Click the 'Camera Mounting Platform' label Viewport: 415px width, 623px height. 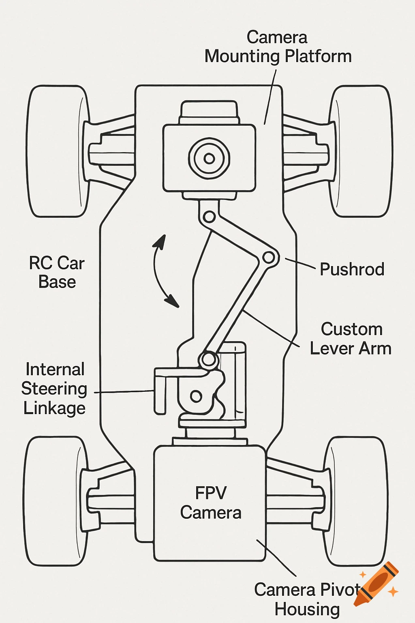point(278,47)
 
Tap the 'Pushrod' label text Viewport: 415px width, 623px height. point(352,269)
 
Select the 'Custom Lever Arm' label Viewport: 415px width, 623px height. point(351,339)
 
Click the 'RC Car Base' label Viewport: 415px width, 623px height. point(57,272)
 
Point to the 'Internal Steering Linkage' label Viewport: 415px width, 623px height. point(54,389)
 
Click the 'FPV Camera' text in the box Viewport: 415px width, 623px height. point(210,503)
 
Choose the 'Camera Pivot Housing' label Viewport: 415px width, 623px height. point(307,599)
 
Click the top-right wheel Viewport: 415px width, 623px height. point(360,151)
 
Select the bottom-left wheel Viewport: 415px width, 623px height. point(55,501)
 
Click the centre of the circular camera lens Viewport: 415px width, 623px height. point(209,158)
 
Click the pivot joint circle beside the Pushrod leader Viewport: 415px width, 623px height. point(268,257)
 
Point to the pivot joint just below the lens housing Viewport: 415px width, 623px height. point(209,217)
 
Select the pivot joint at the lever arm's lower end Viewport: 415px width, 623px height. point(208,359)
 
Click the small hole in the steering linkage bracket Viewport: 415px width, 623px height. point(196,396)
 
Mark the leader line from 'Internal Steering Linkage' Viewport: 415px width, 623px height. point(124,392)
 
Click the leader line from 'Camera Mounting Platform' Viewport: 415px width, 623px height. point(270,97)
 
